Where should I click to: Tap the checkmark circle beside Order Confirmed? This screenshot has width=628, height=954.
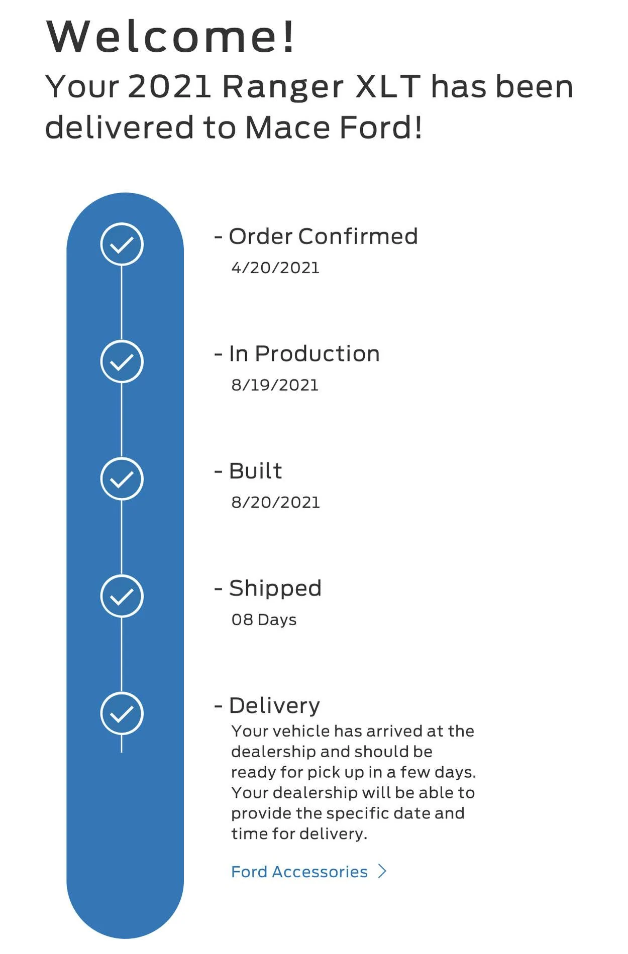tap(122, 245)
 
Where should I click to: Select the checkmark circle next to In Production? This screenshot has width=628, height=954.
tap(122, 362)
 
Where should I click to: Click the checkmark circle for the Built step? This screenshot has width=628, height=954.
tap(122, 479)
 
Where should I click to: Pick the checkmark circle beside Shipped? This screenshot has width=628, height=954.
tap(122, 596)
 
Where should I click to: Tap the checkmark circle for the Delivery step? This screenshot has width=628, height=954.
tap(122, 713)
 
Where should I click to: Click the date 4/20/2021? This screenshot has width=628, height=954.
tap(275, 268)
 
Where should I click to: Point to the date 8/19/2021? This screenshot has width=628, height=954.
tap(275, 385)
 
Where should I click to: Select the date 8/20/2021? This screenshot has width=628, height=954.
tap(275, 502)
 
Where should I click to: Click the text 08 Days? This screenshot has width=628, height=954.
tap(264, 620)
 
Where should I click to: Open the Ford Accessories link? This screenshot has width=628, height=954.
tap(299, 872)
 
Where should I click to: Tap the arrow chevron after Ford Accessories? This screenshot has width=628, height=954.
tap(382, 871)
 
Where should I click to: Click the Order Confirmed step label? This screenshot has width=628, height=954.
tap(323, 236)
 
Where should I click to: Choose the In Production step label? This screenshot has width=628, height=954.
tap(304, 353)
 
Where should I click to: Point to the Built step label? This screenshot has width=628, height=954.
tap(255, 471)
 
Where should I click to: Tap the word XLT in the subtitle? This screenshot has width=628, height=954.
tap(388, 86)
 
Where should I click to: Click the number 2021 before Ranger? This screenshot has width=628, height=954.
tap(169, 86)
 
